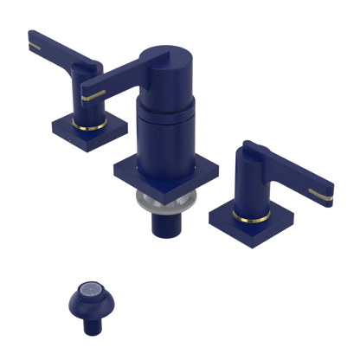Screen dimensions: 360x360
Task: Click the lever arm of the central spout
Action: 121,74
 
